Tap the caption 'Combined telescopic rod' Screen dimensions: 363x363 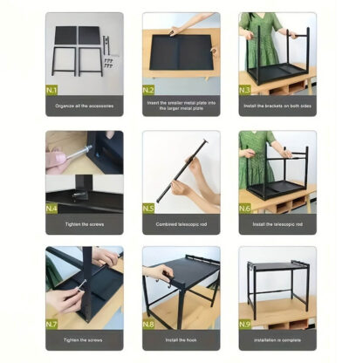click(x=181, y=224)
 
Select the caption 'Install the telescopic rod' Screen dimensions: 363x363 click(x=277, y=224)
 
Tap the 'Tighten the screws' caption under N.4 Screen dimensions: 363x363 click(x=85, y=224)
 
